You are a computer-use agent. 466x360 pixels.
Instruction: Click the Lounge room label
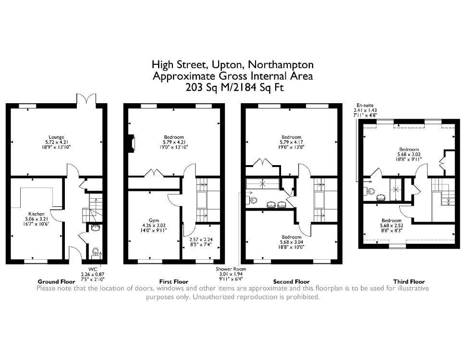click(x=57, y=137)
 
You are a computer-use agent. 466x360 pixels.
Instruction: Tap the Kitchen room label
click(x=36, y=214)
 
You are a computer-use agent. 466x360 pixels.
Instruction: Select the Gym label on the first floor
click(x=154, y=220)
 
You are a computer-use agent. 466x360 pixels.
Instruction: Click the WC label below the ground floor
click(x=93, y=269)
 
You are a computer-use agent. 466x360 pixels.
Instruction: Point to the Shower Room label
click(x=231, y=269)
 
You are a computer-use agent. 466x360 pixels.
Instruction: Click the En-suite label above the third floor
click(x=365, y=105)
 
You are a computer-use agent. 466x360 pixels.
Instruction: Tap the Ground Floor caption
click(x=57, y=282)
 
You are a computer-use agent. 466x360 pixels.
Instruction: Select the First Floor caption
click(x=174, y=282)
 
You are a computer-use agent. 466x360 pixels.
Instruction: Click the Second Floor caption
click(x=291, y=282)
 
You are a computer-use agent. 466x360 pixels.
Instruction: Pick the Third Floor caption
click(x=409, y=282)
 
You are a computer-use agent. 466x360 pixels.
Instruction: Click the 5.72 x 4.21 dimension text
click(x=57, y=142)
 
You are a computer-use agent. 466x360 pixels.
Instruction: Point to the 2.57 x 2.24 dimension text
click(x=201, y=240)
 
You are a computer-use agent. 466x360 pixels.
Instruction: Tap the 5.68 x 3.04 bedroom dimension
click(x=291, y=242)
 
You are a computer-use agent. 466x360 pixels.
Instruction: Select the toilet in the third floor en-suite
click(x=369, y=192)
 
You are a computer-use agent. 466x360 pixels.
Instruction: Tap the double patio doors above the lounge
click(x=86, y=99)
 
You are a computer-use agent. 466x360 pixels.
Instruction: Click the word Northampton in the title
click(x=281, y=65)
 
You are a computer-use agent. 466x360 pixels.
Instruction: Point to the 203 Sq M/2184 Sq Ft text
click(x=234, y=88)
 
